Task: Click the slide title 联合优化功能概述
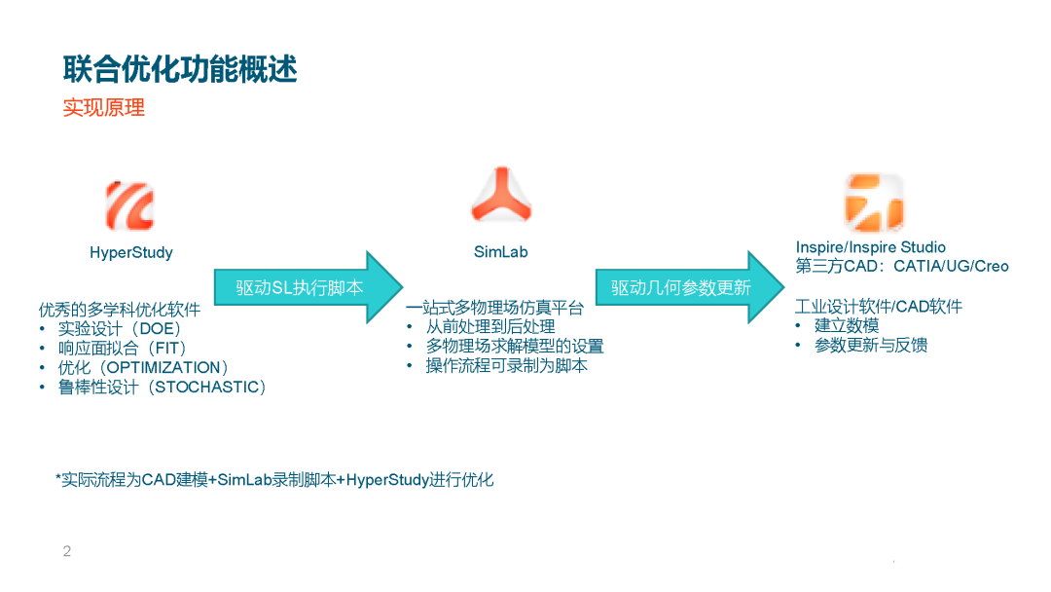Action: tap(180, 69)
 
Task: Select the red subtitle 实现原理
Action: tap(104, 108)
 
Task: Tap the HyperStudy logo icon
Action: tap(130, 205)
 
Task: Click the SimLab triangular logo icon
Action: tap(501, 195)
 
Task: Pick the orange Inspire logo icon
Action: tap(873, 203)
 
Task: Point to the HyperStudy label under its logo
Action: tap(131, 253)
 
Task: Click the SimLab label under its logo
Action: tap(501, 253)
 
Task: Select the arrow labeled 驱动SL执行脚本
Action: tap(306, 287)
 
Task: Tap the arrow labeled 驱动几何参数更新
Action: tap(687, 287)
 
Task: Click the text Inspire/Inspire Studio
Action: tap(870, 247)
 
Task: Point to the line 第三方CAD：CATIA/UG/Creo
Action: tap(902, 267)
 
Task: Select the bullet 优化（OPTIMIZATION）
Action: tap(143, 368)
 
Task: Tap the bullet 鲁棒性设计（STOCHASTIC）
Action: tap(162, 388)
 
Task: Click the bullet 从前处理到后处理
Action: tap(490, 327)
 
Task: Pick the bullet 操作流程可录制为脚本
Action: tap(506, 366)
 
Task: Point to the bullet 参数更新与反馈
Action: tap(871, 346)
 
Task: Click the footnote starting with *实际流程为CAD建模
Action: tap(274, 480)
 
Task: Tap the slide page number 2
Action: tap(67, 552)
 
